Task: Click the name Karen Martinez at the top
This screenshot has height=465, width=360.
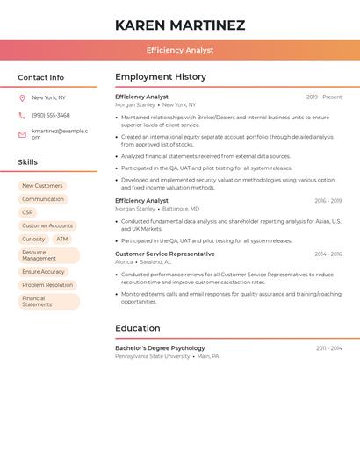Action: pos(180,25)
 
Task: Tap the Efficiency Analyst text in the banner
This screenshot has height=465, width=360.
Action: pos(180,50)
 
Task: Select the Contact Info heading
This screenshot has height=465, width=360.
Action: pos(40,77)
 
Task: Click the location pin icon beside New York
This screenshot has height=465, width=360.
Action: pos(22,97)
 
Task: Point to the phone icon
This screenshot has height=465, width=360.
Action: pos(22,115)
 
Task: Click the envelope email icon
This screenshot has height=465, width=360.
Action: pos(22,134)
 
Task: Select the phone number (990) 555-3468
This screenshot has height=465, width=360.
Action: pos(51,115)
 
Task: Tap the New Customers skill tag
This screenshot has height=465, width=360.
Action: pos(42,186)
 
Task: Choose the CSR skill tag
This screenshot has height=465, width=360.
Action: pos(27,212)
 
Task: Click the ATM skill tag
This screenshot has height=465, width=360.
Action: pos(61,239)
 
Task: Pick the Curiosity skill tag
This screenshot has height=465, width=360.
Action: pos(33,239)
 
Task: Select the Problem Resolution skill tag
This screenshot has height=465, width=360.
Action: pos(47,285)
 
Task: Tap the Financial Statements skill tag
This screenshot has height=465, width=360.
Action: pos(37,301)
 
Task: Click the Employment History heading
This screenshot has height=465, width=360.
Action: pos(161,77)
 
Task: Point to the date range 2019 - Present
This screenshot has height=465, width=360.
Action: pos(324,97)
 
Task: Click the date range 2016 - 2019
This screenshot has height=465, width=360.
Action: pos(328,201)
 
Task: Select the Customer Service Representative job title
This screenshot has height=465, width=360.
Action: pos(165,254)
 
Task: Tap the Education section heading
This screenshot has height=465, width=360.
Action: pos(138,328)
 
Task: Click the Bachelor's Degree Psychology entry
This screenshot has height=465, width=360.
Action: pos(160,348)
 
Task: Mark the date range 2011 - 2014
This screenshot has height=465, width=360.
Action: pos(329,348)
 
